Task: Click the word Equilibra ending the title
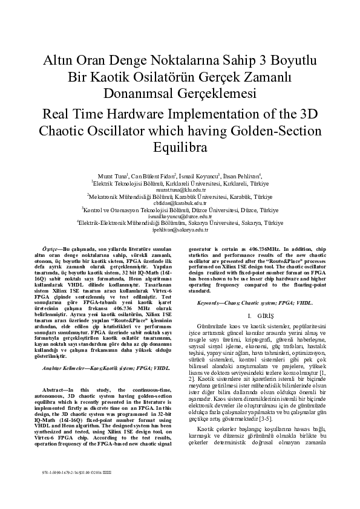(x=180, y=147)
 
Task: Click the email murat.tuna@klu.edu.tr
(x=180, y=189)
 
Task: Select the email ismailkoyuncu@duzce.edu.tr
(x=180, y=216)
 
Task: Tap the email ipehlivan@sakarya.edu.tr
(x=180, y=230)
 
